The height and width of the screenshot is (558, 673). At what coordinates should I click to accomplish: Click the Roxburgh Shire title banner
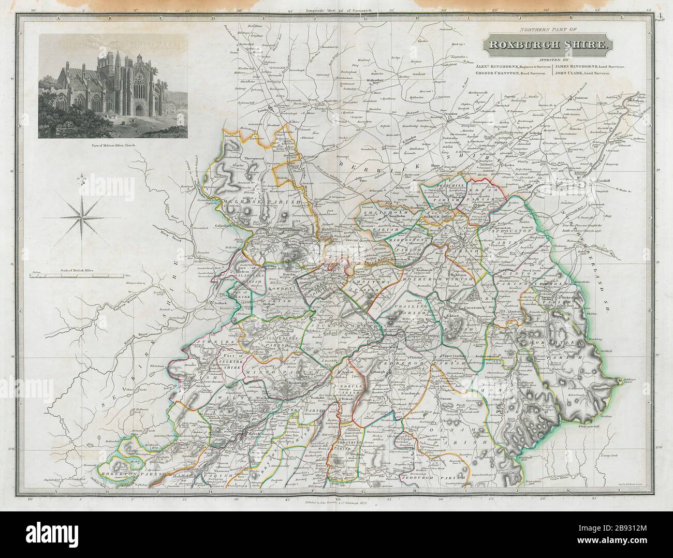(x=547, y=45)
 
